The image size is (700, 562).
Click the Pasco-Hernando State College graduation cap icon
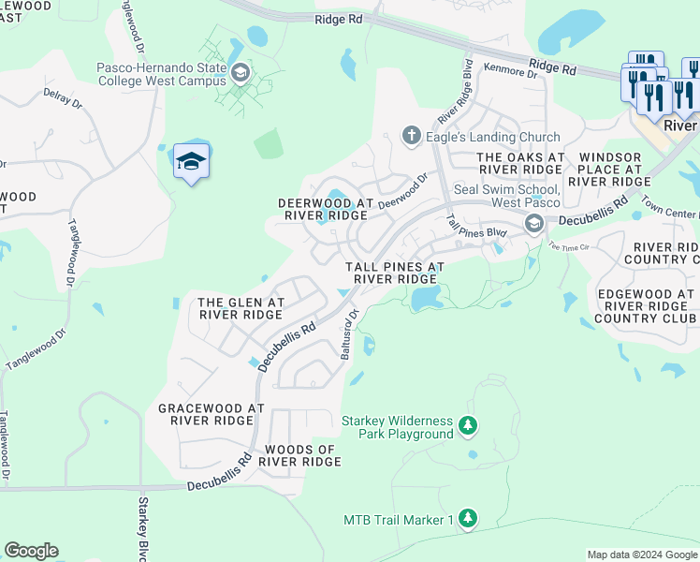pyautogui.click(x=241, y=73)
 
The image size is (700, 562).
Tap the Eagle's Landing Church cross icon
pyautogui.click(x=410, y=137)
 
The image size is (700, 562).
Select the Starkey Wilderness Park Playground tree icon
pyautogui.click(x=469, y=427)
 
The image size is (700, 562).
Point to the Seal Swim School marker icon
pyautogui.click(x=534, y=223)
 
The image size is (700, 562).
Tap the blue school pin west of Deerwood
pyautogui.click(x=191, y=161)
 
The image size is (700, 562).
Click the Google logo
pyautogui.click(x=31, y=551)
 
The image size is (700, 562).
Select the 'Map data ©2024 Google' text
pyautogui.click(x=641, y=555)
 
